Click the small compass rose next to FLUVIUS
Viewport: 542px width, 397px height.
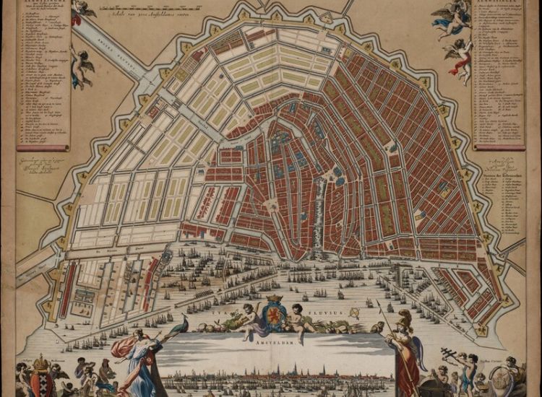click(x=355, y=313)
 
